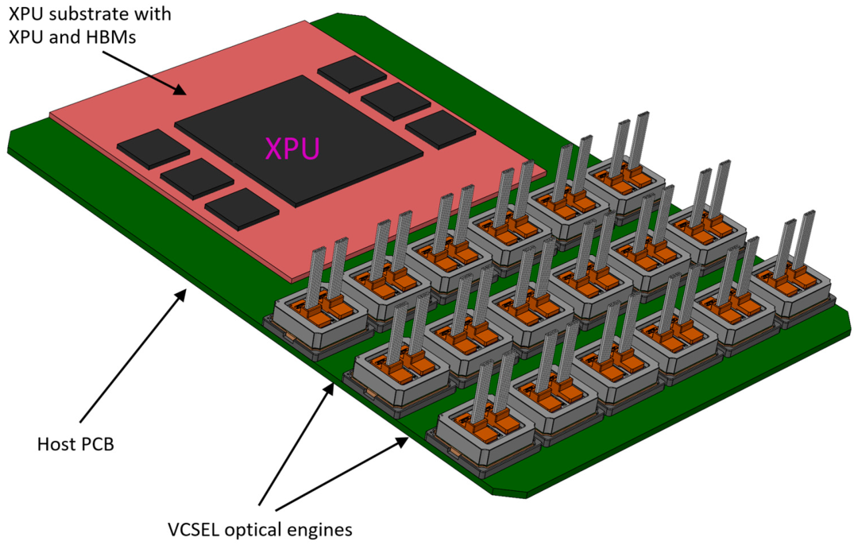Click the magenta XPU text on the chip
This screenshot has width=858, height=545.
(x=292, y=149)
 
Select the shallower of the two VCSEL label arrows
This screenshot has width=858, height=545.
(x=342, y=472)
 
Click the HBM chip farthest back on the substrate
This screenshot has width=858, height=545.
(x=352, y=73)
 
